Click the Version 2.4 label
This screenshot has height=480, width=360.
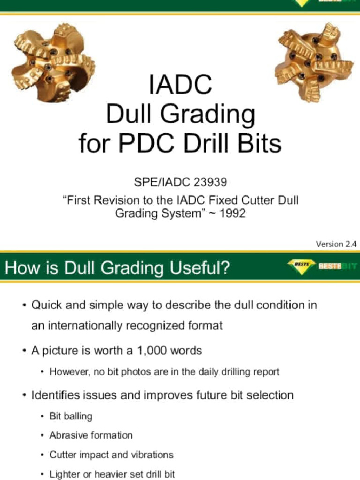(336, 244)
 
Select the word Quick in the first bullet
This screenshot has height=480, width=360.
(46, 305)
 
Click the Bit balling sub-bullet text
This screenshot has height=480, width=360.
(71, 416)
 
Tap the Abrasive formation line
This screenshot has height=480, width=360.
(91, 435)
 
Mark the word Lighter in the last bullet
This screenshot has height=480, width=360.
(64, 474)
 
